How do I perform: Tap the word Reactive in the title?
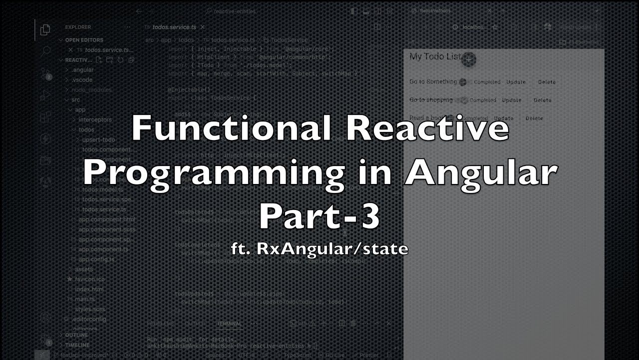pos(427,128)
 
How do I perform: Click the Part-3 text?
pos(319,216)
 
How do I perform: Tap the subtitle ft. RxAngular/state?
pos(319,248)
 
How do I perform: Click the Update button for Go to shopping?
pos(511,100)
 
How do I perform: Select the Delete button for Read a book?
pos(534,118)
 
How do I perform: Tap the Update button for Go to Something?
pos(516,82)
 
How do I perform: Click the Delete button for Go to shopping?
pos(542,100)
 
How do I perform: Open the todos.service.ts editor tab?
pos(171,27)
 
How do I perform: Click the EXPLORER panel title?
pos(78,27)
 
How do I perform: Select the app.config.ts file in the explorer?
pos(97,259)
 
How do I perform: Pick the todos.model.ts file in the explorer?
pos(103,189)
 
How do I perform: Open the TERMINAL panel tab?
pos(229,323)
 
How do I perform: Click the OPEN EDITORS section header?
pos(84,40)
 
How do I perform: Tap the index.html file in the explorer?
pos(89,289)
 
